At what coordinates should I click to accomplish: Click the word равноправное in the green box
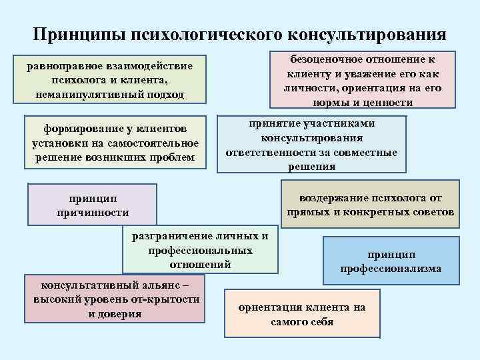[70, 67]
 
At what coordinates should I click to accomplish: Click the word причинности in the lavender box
[93, 213]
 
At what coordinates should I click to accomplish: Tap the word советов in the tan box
[433, 212]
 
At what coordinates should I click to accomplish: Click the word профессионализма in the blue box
[391, 269]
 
